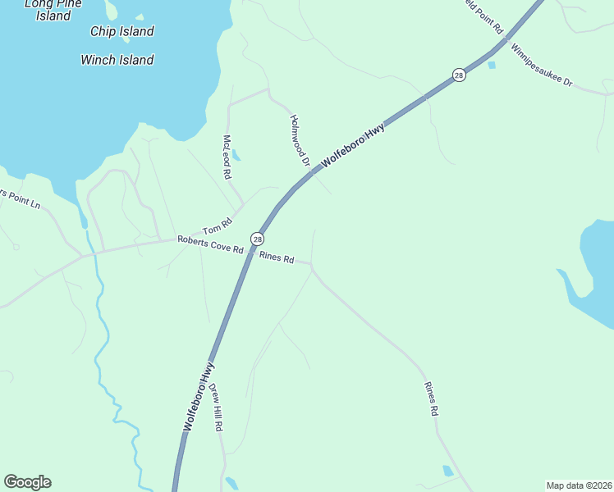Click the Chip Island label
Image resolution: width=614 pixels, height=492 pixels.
pos(122,32)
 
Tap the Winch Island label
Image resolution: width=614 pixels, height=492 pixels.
pos(117,60)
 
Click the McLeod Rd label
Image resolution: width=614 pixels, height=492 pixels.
pos(227,157)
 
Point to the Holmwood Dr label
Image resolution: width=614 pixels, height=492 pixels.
pos(299,140)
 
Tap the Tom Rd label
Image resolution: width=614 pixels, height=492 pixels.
pos(213,230)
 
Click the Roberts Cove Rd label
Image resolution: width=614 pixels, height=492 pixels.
pos(210,244)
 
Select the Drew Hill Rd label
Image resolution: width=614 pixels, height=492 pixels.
pos(216,408)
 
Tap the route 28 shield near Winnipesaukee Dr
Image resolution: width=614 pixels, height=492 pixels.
pos(459,75)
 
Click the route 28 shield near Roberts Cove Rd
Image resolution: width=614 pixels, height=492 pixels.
pos(258,239)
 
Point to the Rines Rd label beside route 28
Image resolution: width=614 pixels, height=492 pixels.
pos(277,257)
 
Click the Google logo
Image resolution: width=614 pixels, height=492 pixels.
pos(27,482)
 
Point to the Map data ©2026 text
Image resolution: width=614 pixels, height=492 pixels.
pos(580,485)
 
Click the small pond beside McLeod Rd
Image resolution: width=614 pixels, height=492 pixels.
pos(236,154)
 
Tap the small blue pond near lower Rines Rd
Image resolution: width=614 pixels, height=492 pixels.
pos(447,471)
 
